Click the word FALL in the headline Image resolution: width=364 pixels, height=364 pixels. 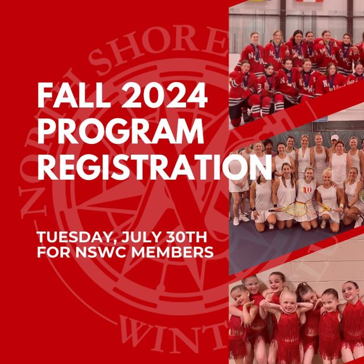tap(73, 95)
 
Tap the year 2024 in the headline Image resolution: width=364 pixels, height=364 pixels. tap(164, 95)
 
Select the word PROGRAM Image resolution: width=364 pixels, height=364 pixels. tap(121, 131)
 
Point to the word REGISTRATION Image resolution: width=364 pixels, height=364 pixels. tap(155, 167)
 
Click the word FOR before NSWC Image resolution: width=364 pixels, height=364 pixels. tap(54, 252)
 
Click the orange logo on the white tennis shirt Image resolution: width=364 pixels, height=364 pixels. tap(307, 190)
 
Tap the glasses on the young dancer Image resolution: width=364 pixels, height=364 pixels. tap(252, 284)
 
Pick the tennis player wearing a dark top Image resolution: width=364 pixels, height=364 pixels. tap(268, 148)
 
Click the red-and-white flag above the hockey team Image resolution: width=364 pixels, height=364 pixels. tap(309, 1)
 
